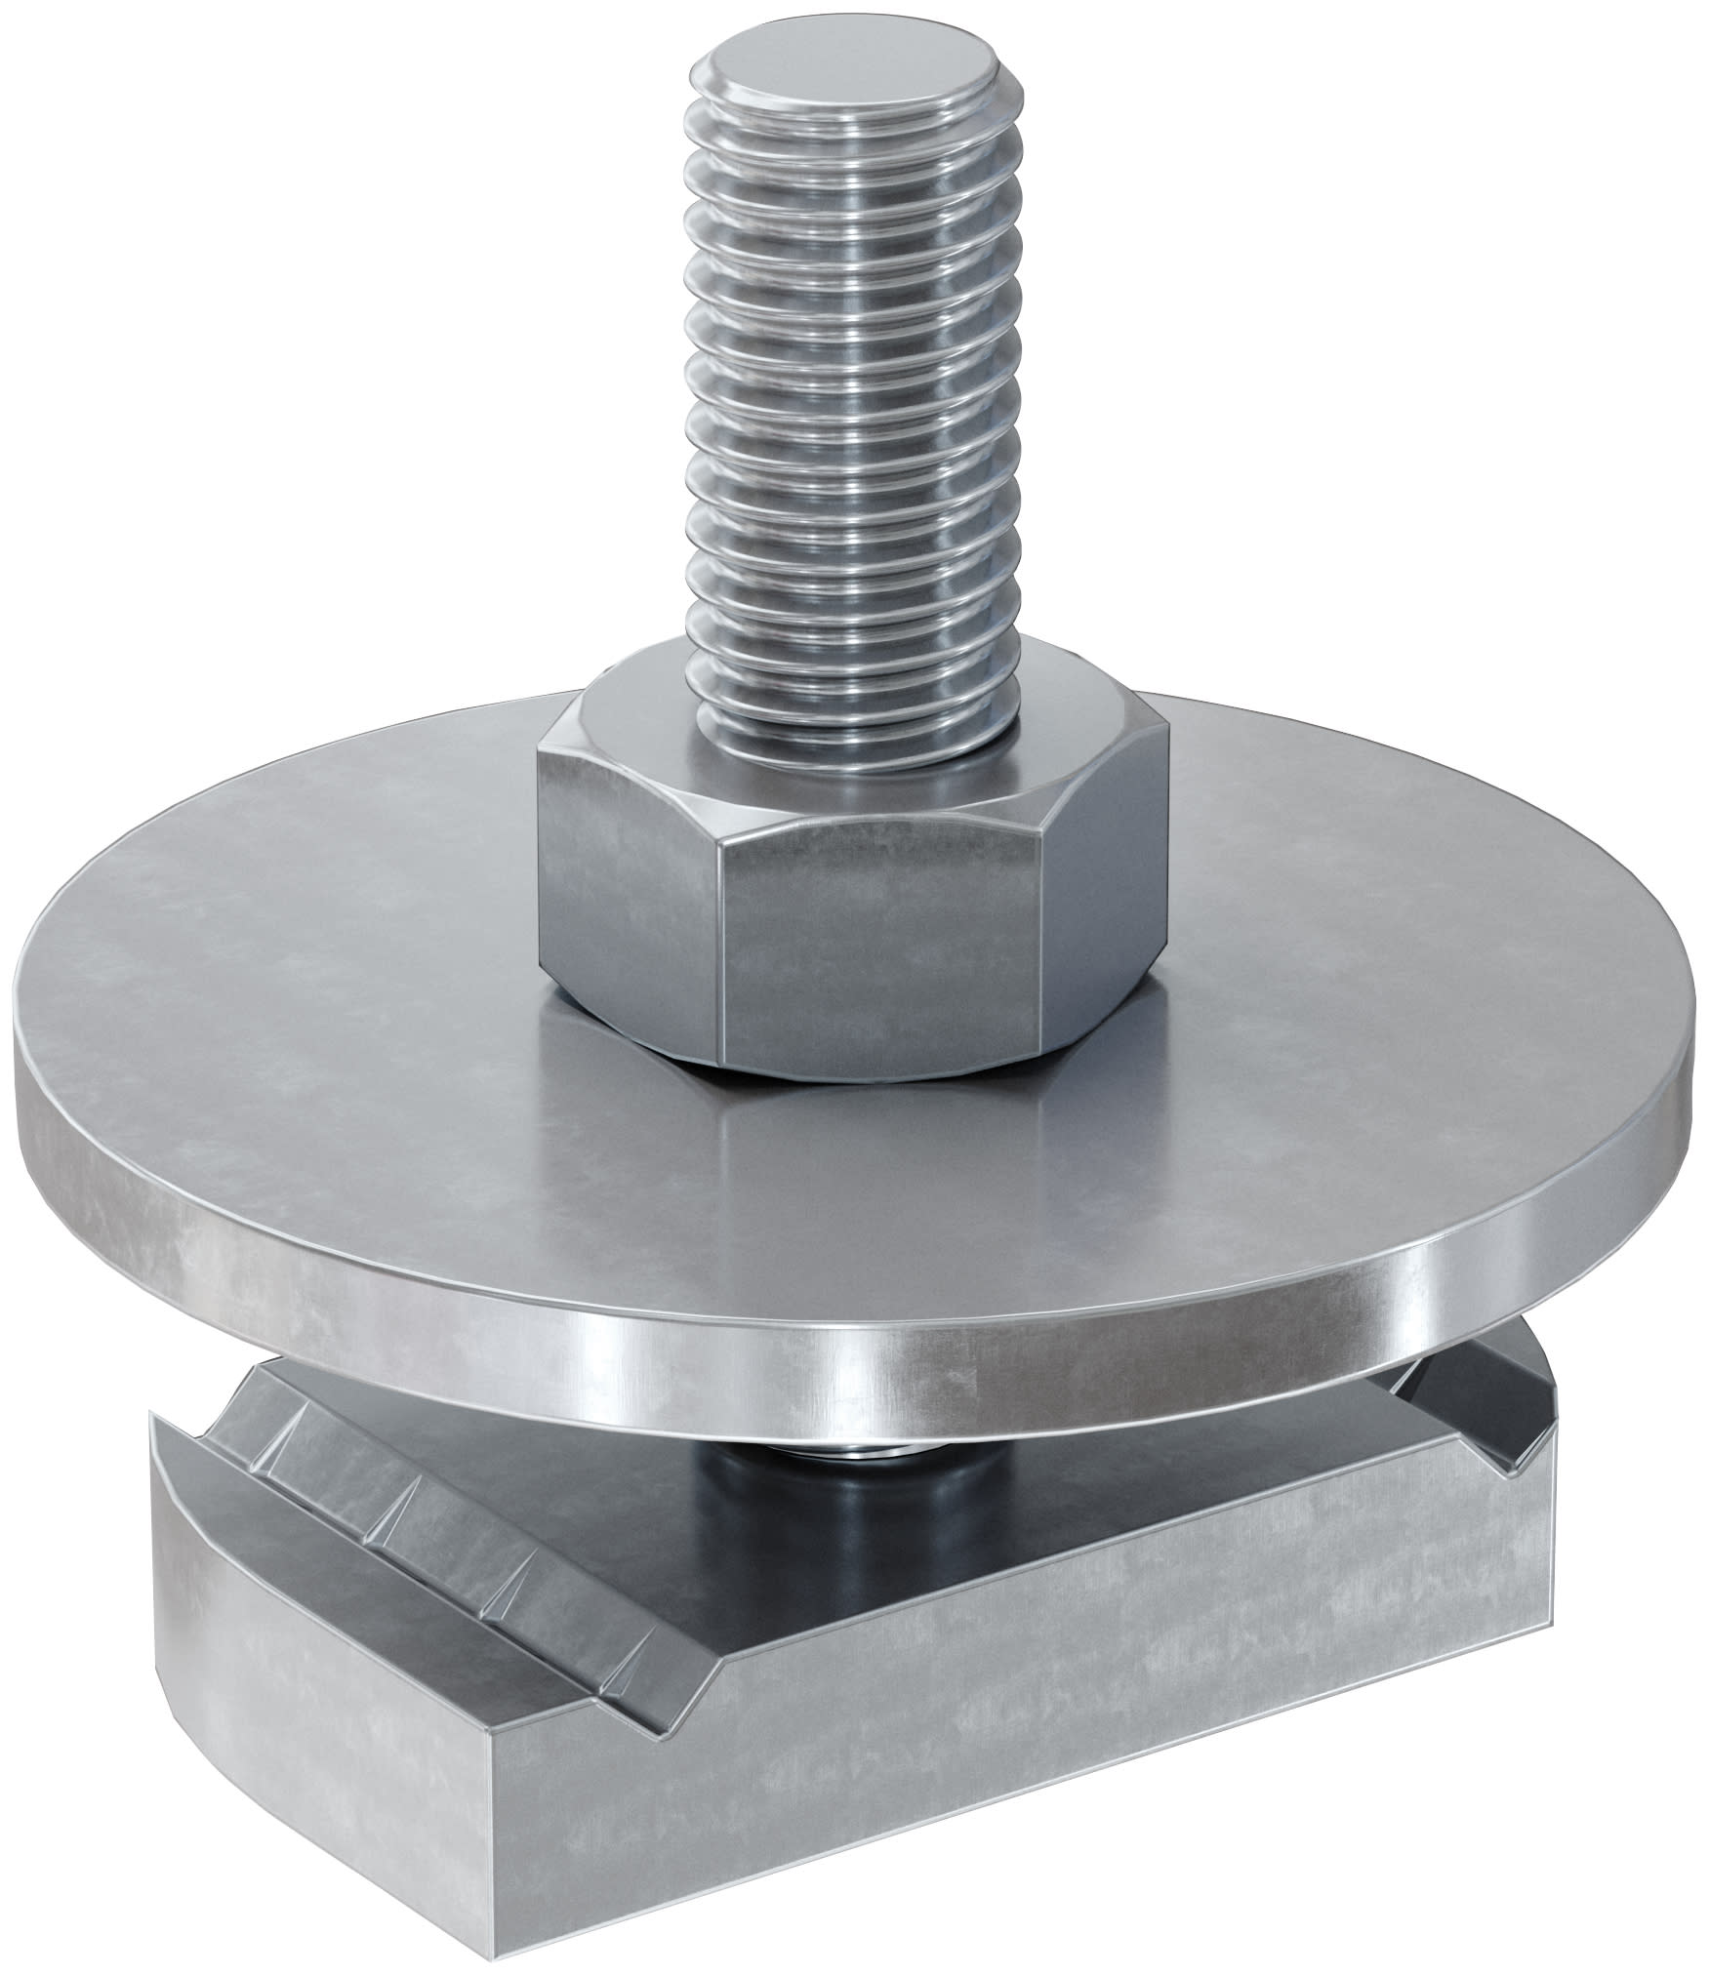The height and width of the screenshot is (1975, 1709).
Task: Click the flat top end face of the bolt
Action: coord(846,90)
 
